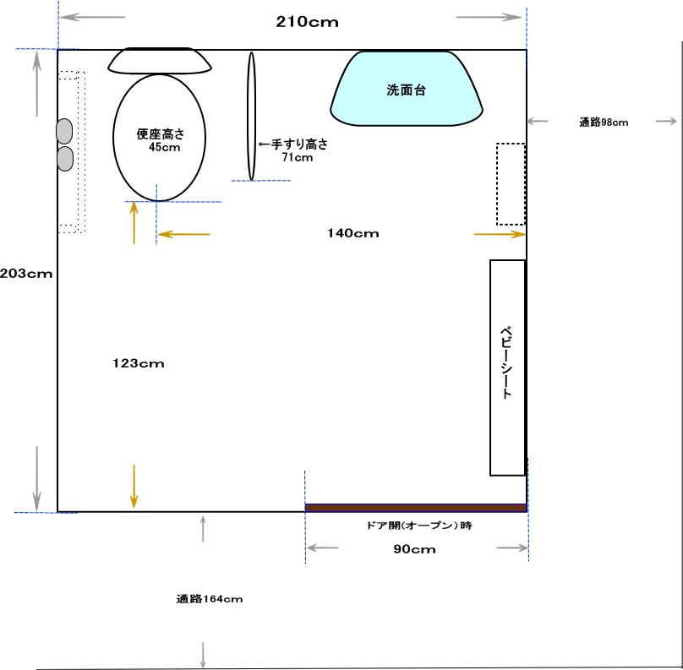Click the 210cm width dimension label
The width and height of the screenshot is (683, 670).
pyautogui.click(x=307, y=22)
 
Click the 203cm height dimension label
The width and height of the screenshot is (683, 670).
pyautogui.click(x=26, y=274)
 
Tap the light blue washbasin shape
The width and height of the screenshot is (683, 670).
pyautogui.click(x=407, y=89)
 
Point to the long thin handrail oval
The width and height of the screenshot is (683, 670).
pyautogui.click(x=251, y=116)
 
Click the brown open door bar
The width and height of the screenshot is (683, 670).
pyautogui.click(x=416, y=508)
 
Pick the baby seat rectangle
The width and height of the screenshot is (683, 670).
pyautogui.click(x=507, y=368)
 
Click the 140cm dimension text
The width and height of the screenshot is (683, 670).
pyautogui.click(x=353, y=233)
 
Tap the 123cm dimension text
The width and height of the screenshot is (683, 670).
pyautogui.click(x=139, y=363)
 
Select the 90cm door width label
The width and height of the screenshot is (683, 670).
pyautogui.click(x=415, y=549)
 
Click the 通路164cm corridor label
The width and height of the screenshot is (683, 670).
pyautogui.click(x=210, y=599)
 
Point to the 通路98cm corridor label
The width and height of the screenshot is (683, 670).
pyautogui.click(x=604, y=123)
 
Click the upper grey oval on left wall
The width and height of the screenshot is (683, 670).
pyautogui.click(x=64, y=131)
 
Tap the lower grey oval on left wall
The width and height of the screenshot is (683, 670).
pyautogui.click(x=65, y=159)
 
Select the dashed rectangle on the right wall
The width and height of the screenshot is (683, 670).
pyautogui.click(x=511, y=184)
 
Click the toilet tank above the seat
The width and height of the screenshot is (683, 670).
pyautogui.click(x=160, y=61)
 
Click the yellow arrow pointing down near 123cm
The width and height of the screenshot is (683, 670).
pyautogui.click(x=134, y=486)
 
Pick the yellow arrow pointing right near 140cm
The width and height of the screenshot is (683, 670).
pyautogui.click(x=500, y=234)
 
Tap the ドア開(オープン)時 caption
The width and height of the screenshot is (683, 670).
pyautogui.click(x=419, y=526)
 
